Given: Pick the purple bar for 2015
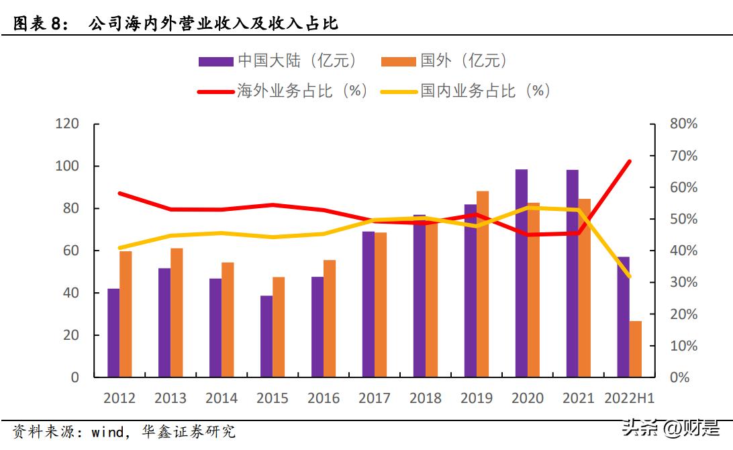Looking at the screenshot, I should [x=266, y=336].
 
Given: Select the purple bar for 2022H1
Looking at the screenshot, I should [x=624, y=316].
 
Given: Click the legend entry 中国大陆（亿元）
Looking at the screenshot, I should [x=279, y=61].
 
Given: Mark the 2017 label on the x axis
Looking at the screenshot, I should [x=375, y=398].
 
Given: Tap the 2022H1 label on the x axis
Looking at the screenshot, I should [x=629, y=398].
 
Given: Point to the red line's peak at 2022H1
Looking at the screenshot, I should [x=629, y=161].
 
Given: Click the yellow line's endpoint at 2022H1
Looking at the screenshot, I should [x=629, y=276].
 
